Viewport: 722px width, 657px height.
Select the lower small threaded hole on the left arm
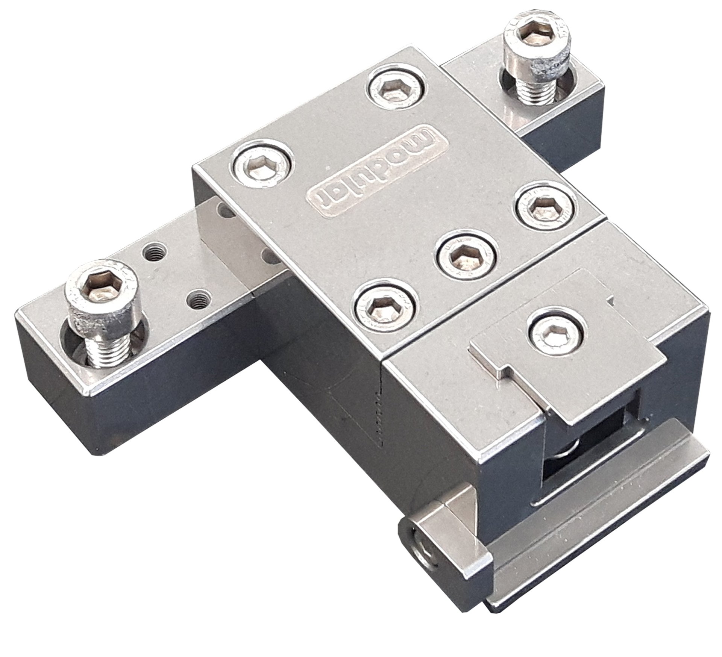[x=196, y=300]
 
